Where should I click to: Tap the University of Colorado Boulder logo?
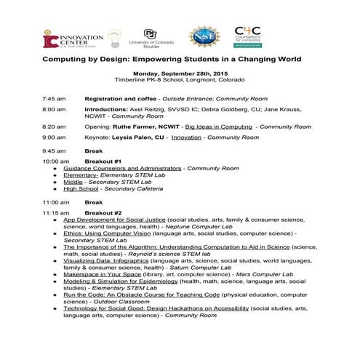click(x=150, y=37)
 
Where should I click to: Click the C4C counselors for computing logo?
click(x=249, y=36)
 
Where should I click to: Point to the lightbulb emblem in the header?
click(x=114, y=37)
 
